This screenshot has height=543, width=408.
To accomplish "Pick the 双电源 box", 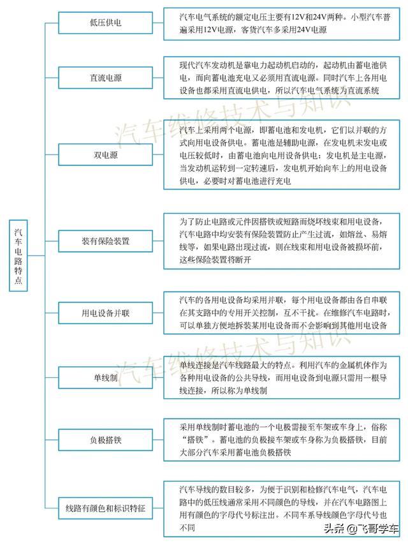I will (105, 154).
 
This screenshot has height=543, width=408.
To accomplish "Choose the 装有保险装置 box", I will (105, 241).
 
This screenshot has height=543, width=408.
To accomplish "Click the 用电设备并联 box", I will (105, 314).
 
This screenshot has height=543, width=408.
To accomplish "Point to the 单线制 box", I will (105, 378).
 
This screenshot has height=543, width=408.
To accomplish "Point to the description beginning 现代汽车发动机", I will (280, 78).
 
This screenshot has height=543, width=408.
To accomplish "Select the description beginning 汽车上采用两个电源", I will (280, 154).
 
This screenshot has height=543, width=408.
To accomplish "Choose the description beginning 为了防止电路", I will (280, 241).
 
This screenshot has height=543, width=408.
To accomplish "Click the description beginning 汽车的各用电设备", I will (280, 313).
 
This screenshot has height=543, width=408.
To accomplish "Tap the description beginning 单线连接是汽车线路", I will (280, 378).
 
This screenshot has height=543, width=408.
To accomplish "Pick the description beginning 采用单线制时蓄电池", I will (280, 439).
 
